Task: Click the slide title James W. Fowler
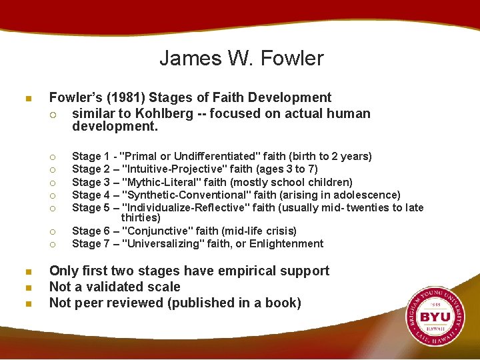[241, 58]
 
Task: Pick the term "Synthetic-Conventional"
[187, 195]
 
